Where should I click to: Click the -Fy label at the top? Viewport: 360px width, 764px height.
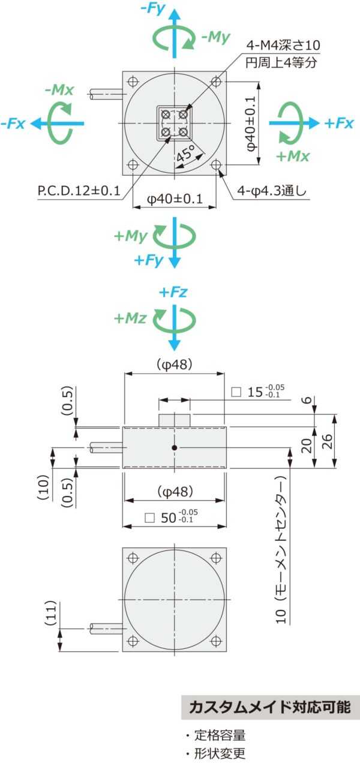(x=153, y=8)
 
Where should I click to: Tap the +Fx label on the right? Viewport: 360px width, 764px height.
(x=339, y=123)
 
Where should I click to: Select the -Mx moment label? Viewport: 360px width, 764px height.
(x=59, y=90)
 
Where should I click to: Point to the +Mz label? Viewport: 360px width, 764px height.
(x=130, y=318)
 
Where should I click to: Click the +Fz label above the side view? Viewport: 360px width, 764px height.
(x=173, y=292)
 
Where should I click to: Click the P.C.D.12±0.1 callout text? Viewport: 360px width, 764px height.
(x=79, y=191)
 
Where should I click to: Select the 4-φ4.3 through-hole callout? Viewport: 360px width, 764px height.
(x=272, y=191)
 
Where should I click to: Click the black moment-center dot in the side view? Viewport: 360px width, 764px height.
(x=175, y=447)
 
